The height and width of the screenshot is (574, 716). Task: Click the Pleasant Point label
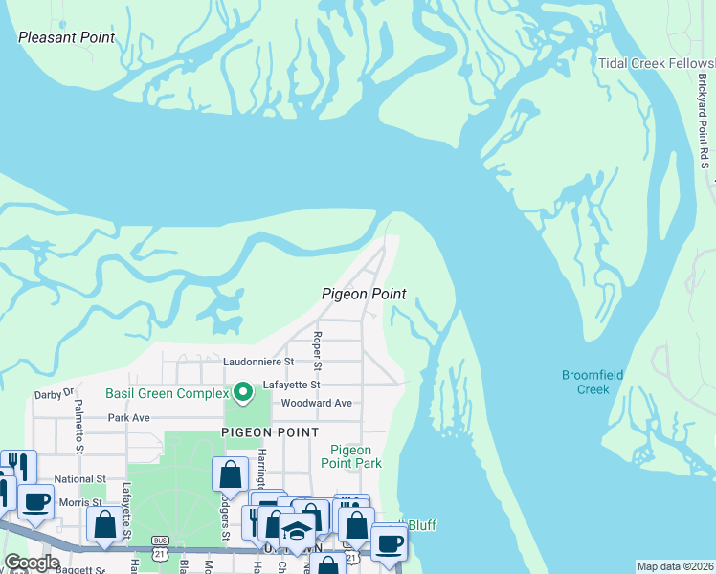click(67, 38)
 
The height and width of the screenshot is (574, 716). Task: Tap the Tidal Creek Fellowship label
click(657, 64)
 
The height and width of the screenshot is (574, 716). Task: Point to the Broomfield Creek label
click(593, 383)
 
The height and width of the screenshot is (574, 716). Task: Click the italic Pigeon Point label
click(364, 294)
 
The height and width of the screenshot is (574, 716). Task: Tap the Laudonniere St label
click(258, 363)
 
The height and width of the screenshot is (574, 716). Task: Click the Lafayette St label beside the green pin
click(292, 385)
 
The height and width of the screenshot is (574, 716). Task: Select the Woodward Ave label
click(316, 403)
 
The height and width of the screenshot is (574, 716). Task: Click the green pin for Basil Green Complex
click(243, 392)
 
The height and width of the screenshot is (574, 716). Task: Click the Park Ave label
click(129, 418)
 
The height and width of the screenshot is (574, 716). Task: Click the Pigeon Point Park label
click(356, 456)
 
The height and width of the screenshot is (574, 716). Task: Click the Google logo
click(32, 563)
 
